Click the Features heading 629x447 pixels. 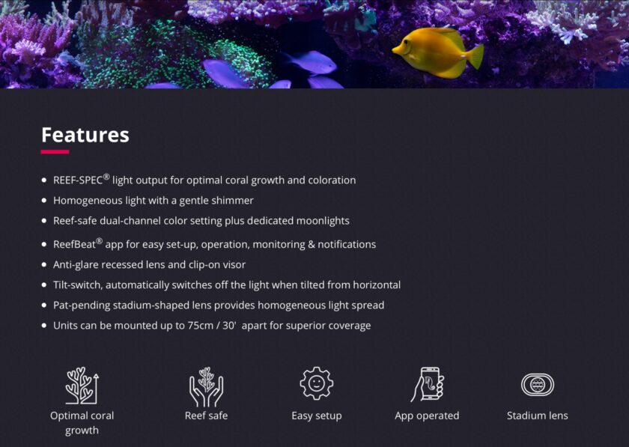pos(85,135)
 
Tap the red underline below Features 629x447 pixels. pos(55,152)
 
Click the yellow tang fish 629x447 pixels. pos(438,52)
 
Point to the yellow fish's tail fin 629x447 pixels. pos(475,55)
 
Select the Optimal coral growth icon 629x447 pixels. pos(82,386)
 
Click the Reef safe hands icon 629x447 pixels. pos(206,387)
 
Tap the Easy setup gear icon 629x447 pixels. pos(317,383)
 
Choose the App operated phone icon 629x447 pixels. pos(428,384)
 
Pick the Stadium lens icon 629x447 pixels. pos(538,384)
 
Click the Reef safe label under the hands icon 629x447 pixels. pos(206,416)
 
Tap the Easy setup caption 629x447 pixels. pos(317,416)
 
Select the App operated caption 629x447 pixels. pos(427,416)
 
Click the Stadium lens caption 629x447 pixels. pos(538,416)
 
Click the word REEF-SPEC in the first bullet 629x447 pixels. pos(78,180)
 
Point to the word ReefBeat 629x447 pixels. pos(74,245)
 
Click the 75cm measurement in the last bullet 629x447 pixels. pos(200,326)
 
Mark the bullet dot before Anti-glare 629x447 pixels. pos(44,265)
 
